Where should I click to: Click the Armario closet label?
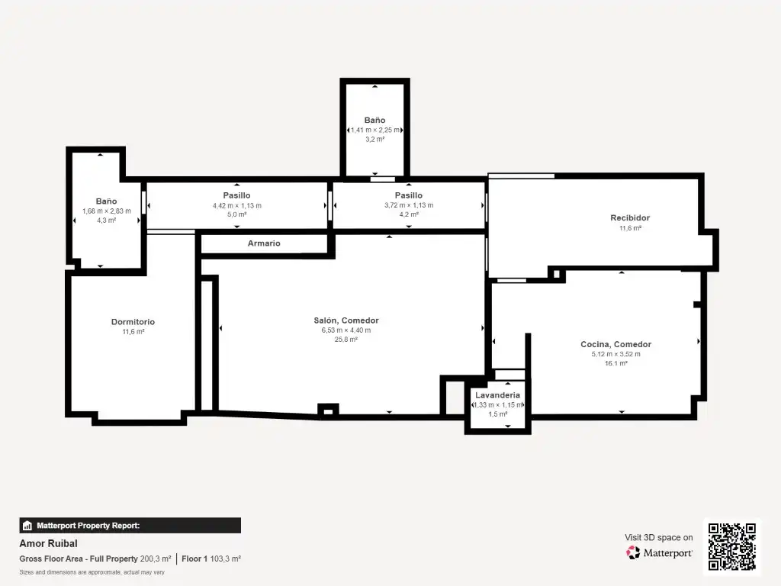(264, 243)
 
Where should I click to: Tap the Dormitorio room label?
(133, 322)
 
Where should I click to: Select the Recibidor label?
(630, 217)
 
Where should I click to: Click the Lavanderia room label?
(497, 395)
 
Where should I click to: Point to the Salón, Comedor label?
(346, 320)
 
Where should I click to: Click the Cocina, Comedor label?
(616, 344)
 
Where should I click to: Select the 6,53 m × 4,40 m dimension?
(346, 330)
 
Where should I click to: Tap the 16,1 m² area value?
(616, 363)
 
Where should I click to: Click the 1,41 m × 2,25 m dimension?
(375, 130)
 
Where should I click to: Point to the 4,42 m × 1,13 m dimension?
(237, 205)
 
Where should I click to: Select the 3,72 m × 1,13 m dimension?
(409, 205)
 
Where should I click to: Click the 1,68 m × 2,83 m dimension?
(107, 211)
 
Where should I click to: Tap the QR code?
(732, 546)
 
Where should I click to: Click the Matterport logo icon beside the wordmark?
(633, 552)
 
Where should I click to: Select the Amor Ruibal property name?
(48, 543)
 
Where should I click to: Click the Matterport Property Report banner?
(130, 525)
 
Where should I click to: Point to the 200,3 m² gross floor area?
(156, 559)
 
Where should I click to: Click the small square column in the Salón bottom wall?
(328, 411)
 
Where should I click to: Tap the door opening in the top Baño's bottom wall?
(383, 179)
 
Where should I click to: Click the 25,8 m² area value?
(346, 340)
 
